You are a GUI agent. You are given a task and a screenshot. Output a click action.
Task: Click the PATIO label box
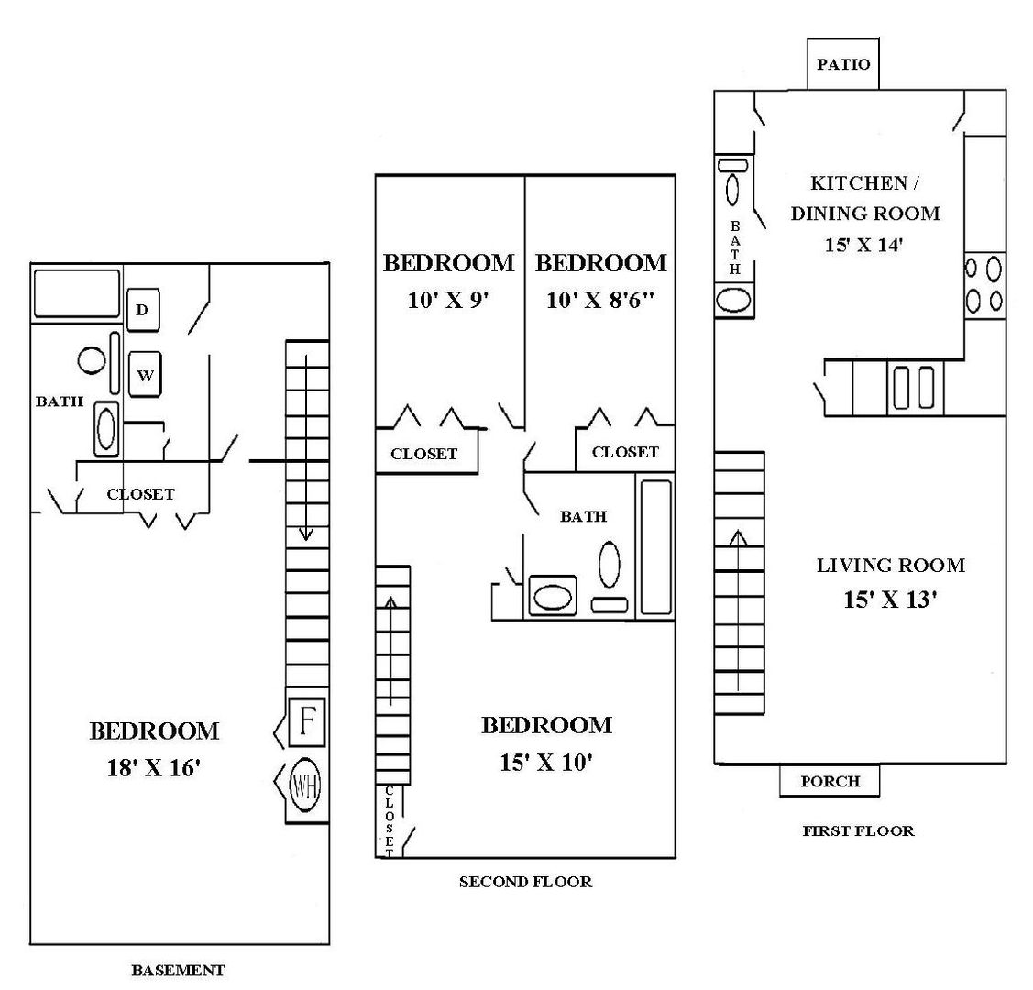tap(842, 65)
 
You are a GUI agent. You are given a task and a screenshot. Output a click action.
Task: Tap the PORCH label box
tap(830, 781)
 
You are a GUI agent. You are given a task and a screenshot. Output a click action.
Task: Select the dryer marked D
tap(142, 310)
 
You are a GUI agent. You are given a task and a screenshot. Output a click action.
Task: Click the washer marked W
tap(145, 375)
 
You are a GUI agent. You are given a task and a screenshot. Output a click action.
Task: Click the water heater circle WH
tap(306, 785)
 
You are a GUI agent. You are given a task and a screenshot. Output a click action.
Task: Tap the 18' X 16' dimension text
tap(154, 768)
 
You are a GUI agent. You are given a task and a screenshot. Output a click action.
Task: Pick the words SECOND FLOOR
tap(525, 882)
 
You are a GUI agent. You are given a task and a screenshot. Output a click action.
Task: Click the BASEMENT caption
tap(178, 970)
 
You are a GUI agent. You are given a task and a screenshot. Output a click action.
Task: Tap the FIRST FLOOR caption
tap(858, 831)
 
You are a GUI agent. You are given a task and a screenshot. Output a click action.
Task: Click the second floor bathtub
tap(654, 547)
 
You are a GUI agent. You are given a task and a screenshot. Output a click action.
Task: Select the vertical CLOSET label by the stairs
tap(389, 820)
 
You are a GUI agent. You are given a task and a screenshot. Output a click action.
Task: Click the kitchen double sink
tap(912, 387)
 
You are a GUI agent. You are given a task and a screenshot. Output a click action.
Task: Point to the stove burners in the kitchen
tap(984, 284)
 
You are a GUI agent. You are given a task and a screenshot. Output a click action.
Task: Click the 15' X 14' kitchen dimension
tap(865, 245)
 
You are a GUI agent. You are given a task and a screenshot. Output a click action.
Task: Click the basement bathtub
tap(77, 292)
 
